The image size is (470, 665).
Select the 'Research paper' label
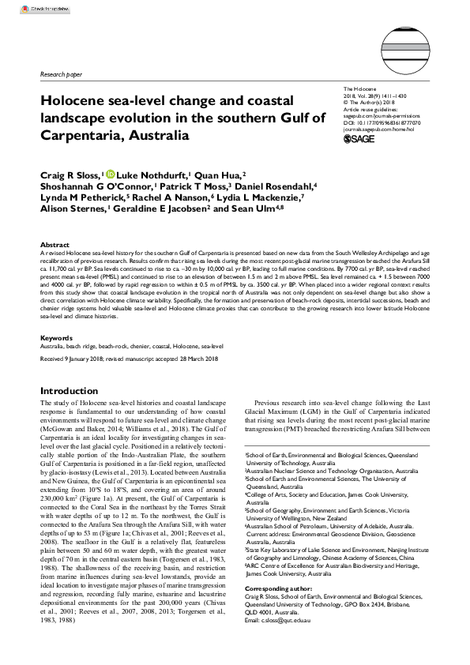60,74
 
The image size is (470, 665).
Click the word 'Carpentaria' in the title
81,135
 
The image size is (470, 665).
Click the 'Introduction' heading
70,391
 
